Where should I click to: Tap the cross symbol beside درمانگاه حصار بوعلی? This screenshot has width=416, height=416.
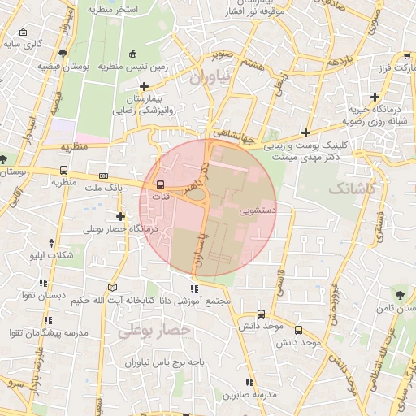click(121, 216)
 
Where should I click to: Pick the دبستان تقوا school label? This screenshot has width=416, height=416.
click(45, 296)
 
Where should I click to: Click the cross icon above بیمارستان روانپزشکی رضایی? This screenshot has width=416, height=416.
click(145, 86)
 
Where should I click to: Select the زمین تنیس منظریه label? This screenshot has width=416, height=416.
click(132, 67)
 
